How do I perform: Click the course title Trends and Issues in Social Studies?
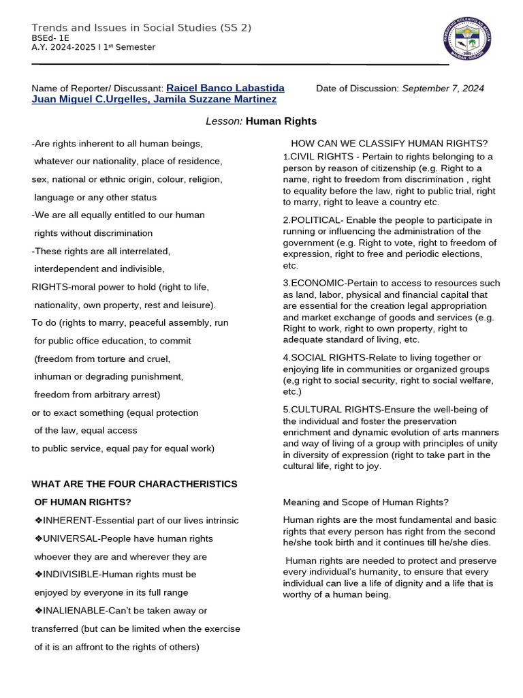[141, 27]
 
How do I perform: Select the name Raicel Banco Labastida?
[225, 88]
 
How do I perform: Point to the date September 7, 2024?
[443, 89]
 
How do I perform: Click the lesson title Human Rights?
[281, 121]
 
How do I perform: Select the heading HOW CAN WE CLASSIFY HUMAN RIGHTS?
[389, 143]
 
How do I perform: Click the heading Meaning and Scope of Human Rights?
[366, 502]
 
